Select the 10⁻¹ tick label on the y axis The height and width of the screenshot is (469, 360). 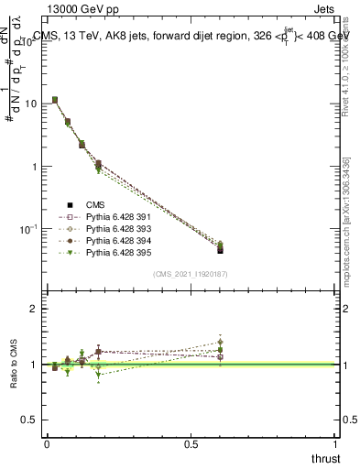(29, 228)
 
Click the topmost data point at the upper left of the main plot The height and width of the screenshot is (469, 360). (55, 100)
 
